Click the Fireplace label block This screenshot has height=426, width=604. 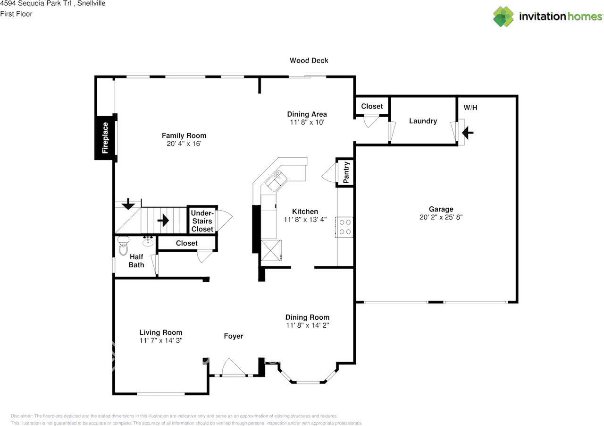(105, 138)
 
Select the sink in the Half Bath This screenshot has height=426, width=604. (148, 242)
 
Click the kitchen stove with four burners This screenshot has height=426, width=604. (345, 226)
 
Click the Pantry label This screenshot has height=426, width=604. (346, 173)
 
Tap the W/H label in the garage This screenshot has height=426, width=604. (470, 108)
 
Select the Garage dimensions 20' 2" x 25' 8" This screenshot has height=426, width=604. (441, 217)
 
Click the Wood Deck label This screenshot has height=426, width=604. (309, 60)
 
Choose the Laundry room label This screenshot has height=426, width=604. (423, 121)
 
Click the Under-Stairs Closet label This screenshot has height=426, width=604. (202, 221)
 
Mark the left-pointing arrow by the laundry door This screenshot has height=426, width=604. (468, 134)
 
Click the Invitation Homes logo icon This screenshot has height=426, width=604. (503, 17)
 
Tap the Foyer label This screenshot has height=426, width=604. (233, 336)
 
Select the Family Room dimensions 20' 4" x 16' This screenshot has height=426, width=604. (184, 144)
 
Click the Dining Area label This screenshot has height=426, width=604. (307, 114)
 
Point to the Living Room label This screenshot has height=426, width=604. (160, 332)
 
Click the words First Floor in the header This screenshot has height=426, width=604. (16, 14)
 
